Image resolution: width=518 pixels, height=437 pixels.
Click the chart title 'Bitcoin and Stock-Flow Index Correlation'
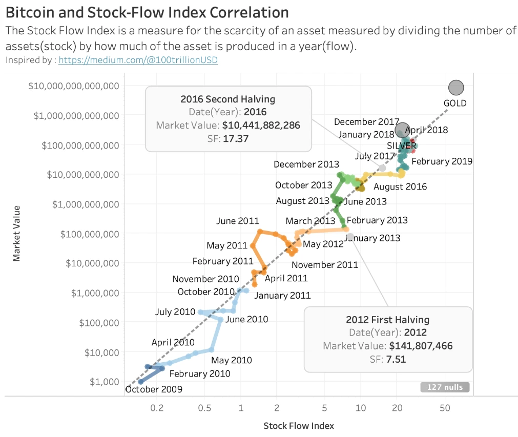tap(147, 12)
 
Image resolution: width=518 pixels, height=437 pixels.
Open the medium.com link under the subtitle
tap(138, 60)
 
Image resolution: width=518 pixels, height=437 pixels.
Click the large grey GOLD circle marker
tap(455, 88)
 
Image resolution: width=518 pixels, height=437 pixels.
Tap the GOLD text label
tap(455, 103)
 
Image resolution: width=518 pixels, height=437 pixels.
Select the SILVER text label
tap(402, 145)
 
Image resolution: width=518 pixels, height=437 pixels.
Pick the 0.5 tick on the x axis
tap(204, 408)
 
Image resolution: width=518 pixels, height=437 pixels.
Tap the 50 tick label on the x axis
tap(445, 408)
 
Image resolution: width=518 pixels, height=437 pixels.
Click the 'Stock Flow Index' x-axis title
tap(298, 426)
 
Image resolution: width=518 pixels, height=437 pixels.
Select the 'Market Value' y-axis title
tap(17, 233)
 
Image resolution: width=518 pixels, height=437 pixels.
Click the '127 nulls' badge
tap(445, 387)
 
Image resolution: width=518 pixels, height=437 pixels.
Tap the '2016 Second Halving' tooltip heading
tap(227, 99)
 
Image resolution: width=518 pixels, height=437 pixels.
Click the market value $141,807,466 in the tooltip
tap(421, 346)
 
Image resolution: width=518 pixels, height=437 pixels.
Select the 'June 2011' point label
tap(237, 221)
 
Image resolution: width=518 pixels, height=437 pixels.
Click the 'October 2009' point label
tap(154, 389)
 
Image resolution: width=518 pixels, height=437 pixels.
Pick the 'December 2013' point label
tap(306, 164)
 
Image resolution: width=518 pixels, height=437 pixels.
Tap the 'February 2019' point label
tap(442, 161)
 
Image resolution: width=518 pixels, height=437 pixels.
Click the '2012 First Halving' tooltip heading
tap(387, 320)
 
